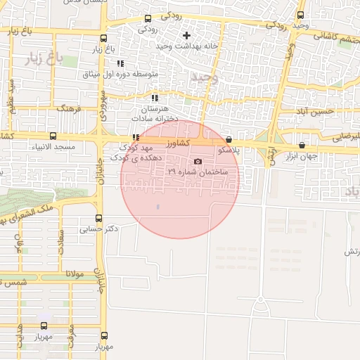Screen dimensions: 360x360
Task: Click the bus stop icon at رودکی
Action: (148, 19)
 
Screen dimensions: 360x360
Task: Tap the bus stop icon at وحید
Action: (301, 15)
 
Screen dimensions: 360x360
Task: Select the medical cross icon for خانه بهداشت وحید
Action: (186, 35)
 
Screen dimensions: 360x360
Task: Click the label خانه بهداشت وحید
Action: (155, 46)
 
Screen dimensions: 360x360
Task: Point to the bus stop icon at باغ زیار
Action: (104, 39)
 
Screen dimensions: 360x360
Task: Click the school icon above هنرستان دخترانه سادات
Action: (155, 98)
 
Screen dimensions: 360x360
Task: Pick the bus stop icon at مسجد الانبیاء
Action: (53, 136)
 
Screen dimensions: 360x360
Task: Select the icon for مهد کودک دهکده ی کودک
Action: (135, 138)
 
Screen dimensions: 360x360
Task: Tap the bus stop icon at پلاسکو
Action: (229, 140)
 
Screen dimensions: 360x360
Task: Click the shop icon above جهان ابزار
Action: (302, 146)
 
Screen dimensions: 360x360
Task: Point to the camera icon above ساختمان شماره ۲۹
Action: (197, 162)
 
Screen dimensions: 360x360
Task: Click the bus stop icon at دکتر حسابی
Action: (98, 218)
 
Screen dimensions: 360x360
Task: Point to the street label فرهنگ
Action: (70, 110)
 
